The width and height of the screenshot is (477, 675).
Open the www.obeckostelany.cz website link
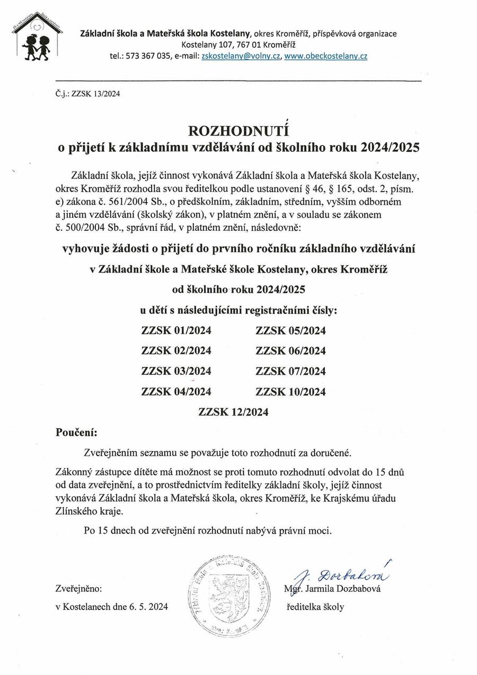[325, 56]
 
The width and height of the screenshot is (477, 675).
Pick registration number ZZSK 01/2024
[176, 331]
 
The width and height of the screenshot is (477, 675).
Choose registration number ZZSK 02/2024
[176, 351]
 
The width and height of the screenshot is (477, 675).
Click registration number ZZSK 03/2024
[176, 371]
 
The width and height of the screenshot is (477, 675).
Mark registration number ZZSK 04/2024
[176, 392]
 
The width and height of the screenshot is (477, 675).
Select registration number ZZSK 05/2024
[290, 331]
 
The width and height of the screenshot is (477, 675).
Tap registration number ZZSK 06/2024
[290, 351]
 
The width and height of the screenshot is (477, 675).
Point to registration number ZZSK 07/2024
[290, 371]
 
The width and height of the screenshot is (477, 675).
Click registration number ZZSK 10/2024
[290, 392]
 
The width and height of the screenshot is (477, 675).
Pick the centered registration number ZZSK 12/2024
[233, 412]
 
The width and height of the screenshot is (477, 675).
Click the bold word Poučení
[76, 433]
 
